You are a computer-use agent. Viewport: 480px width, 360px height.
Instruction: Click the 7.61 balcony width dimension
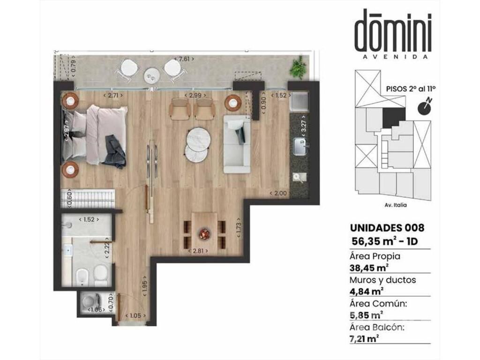pos(184,59)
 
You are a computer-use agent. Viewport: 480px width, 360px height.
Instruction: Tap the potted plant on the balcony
pos(298,67)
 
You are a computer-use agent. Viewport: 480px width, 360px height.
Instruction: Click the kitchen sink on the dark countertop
pos(300,147)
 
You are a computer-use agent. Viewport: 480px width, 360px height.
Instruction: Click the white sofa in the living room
pos(237,144)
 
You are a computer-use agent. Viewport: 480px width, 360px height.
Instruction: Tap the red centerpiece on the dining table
pos(204,234)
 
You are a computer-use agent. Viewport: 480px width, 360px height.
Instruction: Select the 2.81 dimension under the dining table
pos(200,251)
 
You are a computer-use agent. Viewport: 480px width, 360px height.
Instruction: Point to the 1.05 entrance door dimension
pos(135,315)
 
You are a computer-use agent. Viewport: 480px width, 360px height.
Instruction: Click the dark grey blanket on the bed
pos(114,151)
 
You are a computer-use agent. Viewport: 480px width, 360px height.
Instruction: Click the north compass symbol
pos(425,106)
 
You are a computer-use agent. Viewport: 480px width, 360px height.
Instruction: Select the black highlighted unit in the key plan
pos(394,117)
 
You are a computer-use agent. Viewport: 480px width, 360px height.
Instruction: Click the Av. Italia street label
pos(396,205)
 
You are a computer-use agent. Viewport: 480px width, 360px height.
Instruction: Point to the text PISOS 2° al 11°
pos(411,89)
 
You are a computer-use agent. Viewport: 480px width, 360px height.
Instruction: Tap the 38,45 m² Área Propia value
pos(369,268)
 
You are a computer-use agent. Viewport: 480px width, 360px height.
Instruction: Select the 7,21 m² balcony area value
pos(364,339)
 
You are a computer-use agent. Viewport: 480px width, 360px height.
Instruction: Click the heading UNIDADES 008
pos(387,228)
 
